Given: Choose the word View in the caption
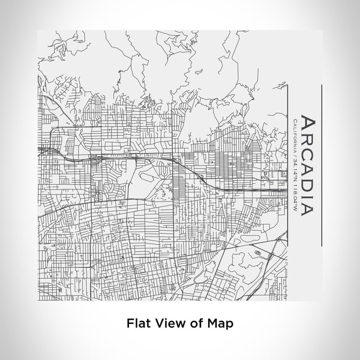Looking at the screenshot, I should coord(167,323).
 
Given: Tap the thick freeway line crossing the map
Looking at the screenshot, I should coord(198,174).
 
